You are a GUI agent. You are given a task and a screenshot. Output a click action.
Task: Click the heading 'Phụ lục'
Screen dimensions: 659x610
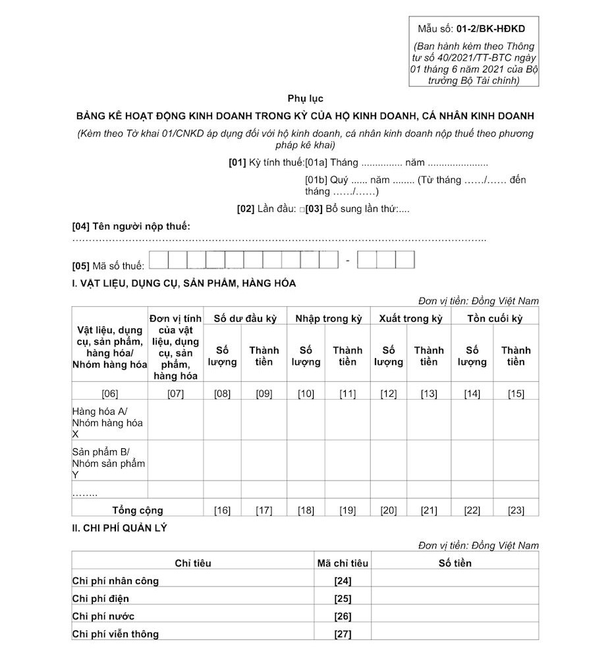click(305, 99)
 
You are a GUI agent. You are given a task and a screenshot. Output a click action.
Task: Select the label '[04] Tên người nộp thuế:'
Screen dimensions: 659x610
click(131, 226)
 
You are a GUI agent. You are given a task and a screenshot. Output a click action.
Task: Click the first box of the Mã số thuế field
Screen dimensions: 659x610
click(159, 261)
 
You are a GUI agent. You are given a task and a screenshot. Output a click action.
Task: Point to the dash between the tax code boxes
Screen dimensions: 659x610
click(348, 261)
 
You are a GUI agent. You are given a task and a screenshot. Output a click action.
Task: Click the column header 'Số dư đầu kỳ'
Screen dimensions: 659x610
click(245, 319)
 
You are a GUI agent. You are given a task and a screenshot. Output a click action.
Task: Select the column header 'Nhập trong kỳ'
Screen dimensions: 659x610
click(329, 319)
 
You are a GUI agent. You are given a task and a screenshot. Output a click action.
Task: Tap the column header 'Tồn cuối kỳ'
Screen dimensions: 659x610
click(495, 319)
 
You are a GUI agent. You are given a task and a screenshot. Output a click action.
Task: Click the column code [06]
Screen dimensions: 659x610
click(110, 394)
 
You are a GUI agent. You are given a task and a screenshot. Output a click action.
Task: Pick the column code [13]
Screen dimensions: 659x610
click(429, 394)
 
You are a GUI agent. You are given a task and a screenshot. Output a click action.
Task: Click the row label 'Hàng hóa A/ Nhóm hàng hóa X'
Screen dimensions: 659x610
click(107, 423)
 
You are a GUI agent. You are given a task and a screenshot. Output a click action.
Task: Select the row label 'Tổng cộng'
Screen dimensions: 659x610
click(138, 510)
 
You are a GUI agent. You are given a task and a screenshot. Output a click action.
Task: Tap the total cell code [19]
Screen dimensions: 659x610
click(347, 510)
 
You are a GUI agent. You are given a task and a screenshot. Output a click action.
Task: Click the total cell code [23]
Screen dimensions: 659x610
click(516, 510)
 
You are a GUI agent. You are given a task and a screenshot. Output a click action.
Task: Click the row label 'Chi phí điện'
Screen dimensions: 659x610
click(100, 598)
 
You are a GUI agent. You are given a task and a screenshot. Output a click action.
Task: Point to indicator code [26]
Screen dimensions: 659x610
click(343, 617)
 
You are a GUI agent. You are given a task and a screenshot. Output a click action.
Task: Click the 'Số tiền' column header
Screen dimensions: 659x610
click(455, 563)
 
